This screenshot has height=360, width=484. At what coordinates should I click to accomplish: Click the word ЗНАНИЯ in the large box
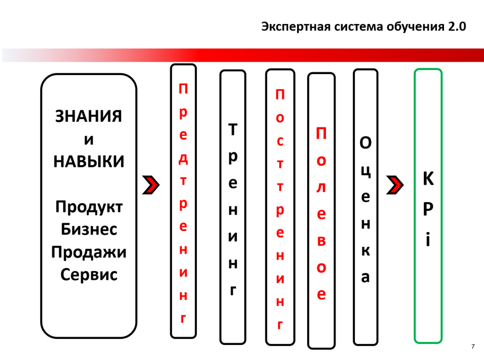pos(88,116)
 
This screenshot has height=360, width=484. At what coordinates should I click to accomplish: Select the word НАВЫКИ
pos(88,161)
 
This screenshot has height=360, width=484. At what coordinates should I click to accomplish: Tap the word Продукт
pos(88,207)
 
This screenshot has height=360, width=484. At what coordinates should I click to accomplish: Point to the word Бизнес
pos(88,229)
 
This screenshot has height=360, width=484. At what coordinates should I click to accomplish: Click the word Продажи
pos(88,252)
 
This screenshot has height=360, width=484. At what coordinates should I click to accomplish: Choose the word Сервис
pos(88,274)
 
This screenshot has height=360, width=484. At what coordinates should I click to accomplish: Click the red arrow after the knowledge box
pos(151,185)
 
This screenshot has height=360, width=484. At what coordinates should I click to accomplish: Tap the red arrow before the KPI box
pos(394,185)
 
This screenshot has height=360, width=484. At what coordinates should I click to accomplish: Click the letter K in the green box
pos(428,179)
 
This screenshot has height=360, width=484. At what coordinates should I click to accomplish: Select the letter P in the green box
pos(428,210)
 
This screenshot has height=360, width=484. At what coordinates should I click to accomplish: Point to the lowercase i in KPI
pos(428,240)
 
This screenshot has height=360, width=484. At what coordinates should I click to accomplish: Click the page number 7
pos(473,347)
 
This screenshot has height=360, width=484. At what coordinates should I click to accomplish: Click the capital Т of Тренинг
pos(233,130)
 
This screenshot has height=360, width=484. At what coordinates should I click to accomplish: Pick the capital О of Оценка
pos(365,143)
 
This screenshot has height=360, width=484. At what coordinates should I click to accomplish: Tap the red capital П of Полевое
pos(321,134)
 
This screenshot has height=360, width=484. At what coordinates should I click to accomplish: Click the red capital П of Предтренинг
pos(183,88)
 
